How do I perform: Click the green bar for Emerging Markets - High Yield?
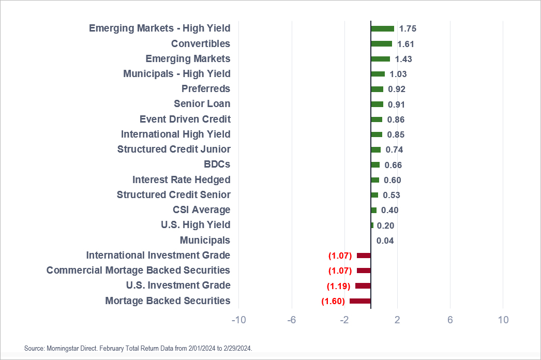click(382, 29)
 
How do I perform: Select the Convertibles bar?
click(381, 44)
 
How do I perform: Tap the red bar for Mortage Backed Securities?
click(360, 301)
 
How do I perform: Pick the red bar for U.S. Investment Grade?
click(363, 286)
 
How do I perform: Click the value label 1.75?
click(408, 29)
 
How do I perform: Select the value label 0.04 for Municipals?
click(385, 241)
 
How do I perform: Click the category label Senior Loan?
click(202, 104)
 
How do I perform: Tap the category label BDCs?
click(217, 164)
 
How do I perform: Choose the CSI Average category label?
click(201, 210)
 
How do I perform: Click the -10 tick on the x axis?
click(238, 320)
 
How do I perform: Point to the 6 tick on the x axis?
click(450, 320)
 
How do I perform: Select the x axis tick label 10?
click(503, 320)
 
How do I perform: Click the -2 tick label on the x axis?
click(344, 320)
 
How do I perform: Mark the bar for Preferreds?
click(377, 89)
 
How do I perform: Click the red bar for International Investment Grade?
click(364, 256)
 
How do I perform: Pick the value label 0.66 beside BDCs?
click(393, 165)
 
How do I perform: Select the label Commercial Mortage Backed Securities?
click(138, 271)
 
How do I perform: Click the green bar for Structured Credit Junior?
click(375, 149)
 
